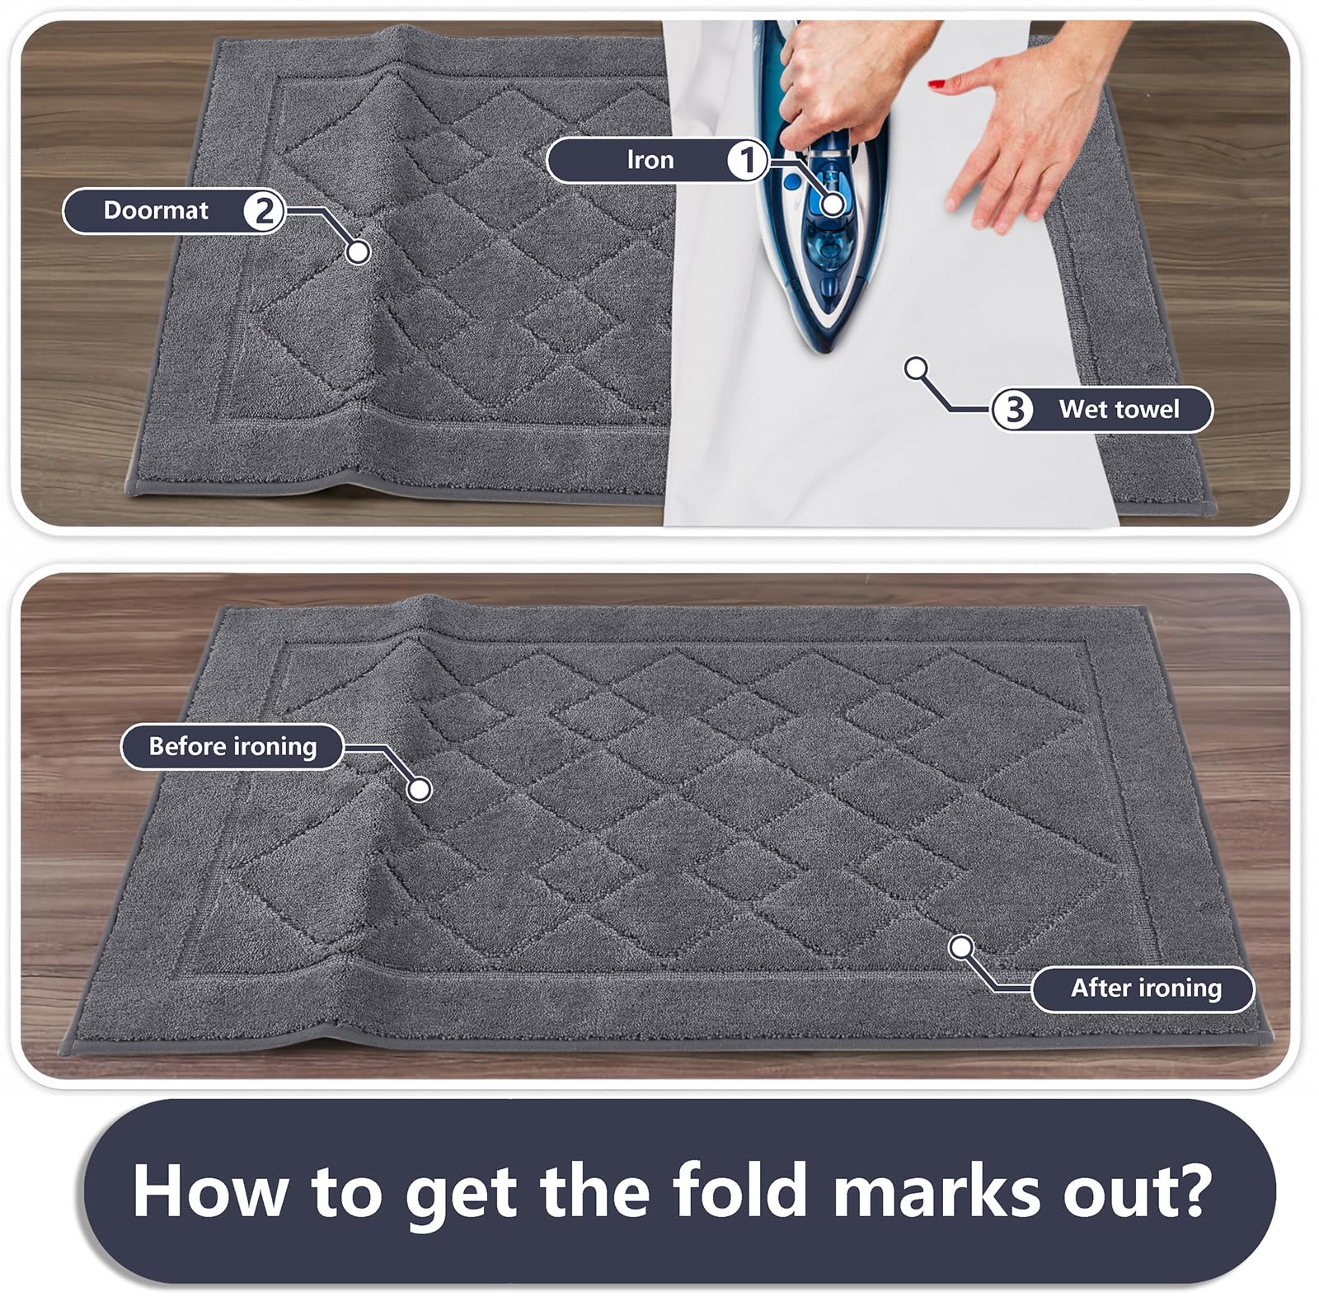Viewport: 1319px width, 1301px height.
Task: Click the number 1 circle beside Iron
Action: coord(747,160)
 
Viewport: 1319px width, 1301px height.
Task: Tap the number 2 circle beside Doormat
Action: coord(264,211)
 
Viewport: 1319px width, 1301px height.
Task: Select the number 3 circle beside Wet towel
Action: coord(1013,410)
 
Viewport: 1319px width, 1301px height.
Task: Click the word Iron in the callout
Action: coord(650,160)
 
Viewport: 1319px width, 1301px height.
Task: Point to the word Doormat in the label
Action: coord(156,211)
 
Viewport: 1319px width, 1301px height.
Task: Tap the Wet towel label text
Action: coord(1119,410)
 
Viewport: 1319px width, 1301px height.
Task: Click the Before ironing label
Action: coord(232,747)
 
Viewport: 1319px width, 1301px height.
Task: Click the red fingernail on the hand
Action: coord(936,83)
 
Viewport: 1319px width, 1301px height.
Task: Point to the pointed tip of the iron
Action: coord(825,350)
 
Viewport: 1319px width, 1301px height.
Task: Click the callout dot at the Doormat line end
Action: coord(358,251)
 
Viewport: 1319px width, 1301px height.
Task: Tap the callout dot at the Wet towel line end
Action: coord(916,369)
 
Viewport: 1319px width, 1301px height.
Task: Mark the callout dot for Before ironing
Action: coord(420,790)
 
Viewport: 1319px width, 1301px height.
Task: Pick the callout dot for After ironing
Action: coord(961,947)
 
